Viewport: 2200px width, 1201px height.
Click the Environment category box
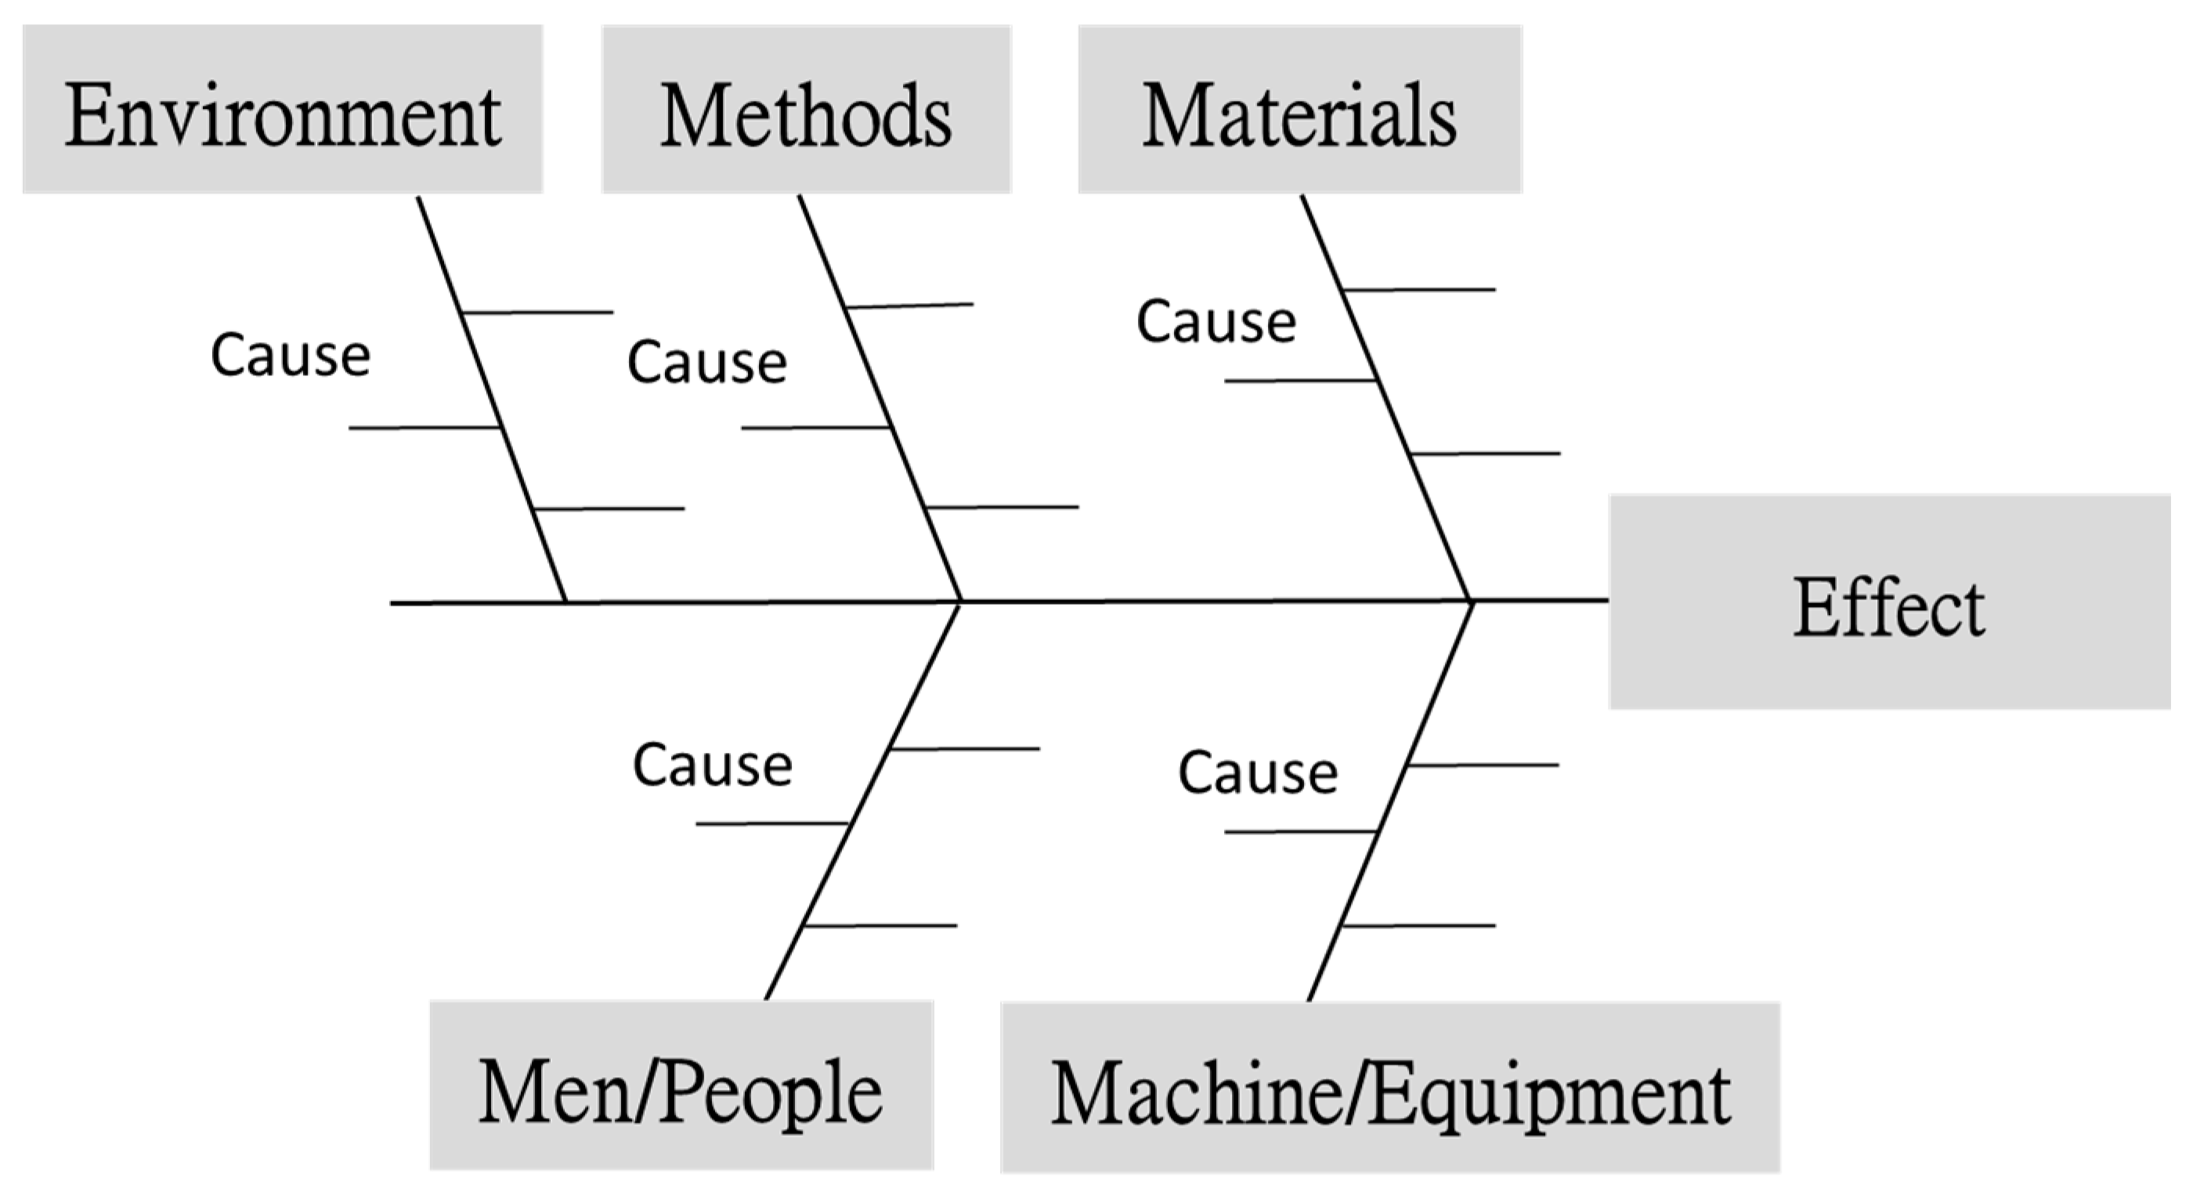click(x=283, y=110)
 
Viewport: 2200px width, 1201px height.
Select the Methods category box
click(x=806, y=110)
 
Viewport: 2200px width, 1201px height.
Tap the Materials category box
click(x=1299, y=110)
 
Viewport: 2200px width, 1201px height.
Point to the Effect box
click(x=1889, y=602)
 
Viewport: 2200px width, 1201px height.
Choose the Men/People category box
click(x=681, y=1086)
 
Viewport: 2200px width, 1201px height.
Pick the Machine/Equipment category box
click(x=1389, y=1087)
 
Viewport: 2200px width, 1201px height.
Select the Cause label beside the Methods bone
click(x=706, y=362)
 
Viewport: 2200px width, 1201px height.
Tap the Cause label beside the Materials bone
click(x=1216, y=322)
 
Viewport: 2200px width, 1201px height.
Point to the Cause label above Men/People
click(x=712, y=765)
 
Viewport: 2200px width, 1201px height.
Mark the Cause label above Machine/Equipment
click(x=1257, y=772)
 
